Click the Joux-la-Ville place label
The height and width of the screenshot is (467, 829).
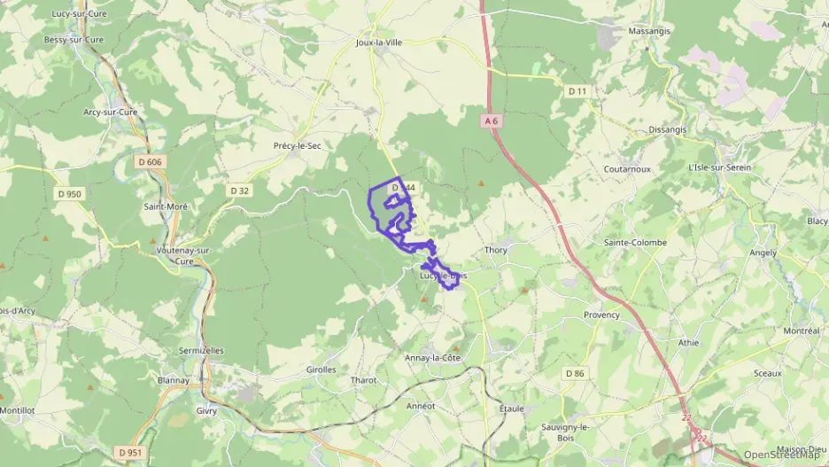[378, 42]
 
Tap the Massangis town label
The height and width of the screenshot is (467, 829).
[650, 31]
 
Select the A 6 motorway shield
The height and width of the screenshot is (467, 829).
[493, 120]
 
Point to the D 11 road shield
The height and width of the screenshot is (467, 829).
[578, 91]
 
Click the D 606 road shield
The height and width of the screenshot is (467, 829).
[151, 161]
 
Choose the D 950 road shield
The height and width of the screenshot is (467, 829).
[68, 194]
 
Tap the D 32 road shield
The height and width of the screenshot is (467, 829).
[239, 190]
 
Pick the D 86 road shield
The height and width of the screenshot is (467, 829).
[576, 373]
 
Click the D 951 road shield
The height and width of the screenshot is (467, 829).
[129, 453]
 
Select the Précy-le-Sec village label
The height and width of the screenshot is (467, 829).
[297, 145]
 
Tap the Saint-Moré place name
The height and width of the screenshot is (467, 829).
[166, 206]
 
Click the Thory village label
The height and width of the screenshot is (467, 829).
[495, 250]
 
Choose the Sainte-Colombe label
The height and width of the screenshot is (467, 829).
[635, 242]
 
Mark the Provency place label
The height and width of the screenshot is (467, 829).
[601, 315]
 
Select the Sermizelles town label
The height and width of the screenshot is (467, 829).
[201, 351]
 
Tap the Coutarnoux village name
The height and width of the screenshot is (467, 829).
[627, 168]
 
